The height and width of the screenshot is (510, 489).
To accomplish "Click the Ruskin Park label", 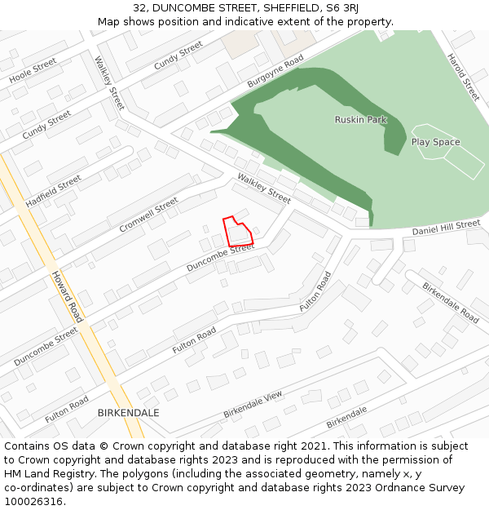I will [x=360, y=120].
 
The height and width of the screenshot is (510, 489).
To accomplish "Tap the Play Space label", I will [x=435, y=142].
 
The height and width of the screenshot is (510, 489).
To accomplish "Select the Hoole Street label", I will [x=33, y=70].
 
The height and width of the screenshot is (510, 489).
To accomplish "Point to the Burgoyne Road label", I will [x=275, y=72].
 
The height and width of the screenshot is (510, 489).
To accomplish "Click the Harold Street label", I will [x=463, y=78].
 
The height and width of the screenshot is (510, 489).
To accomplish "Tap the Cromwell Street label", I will [x=148, y=215].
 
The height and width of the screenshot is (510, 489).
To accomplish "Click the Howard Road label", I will [x=67, y=297].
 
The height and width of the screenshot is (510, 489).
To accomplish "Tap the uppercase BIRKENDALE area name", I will [x=128, y=413].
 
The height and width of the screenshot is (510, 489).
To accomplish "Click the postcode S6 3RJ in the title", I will [x=344, y=8].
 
